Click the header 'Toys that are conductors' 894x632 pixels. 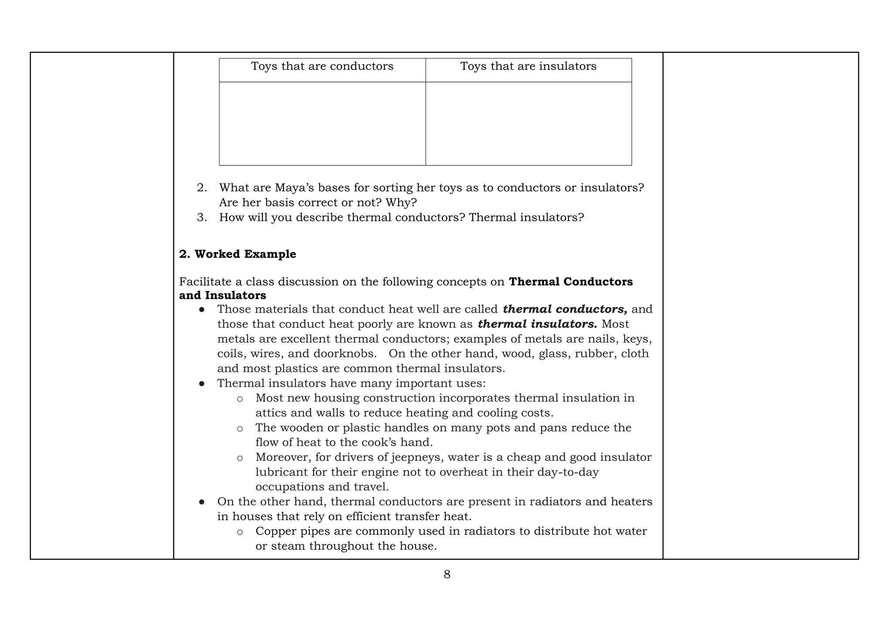(x=322, y=66)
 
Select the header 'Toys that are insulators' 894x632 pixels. (x=528, y=66)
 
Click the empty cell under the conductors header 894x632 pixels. (x=322, y=124)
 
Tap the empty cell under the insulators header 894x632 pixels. (x=528, y=124)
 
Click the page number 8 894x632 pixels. (x=447, y=574)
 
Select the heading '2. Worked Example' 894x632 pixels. (x=237, y=254)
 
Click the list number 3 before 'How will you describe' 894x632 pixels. (x=201, y=217)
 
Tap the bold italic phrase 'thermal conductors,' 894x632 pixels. (x=565, y=309)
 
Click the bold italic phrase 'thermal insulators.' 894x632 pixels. (x=537, y=324)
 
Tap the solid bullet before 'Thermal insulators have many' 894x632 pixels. (x=202, y=384)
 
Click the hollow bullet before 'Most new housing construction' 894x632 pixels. (x=240, y=398)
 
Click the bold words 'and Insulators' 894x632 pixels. (x=222, y=295)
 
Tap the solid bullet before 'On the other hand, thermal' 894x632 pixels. (x=202, y=502)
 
